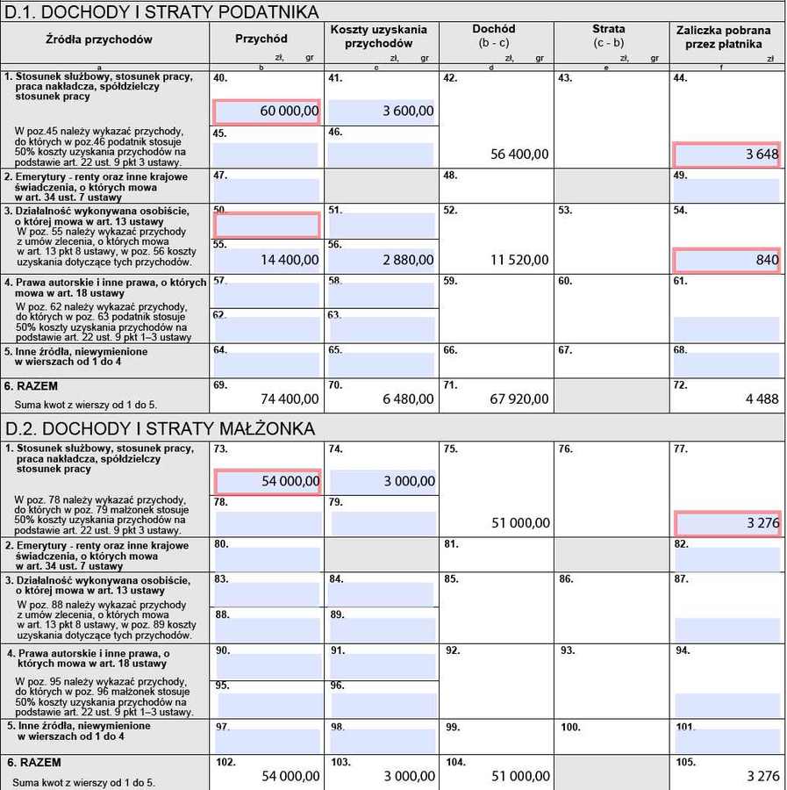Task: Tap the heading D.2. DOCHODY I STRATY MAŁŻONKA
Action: click(160, 428)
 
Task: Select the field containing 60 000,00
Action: click(266, 111)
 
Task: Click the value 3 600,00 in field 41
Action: click(381, 111)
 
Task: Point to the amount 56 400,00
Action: click(520, 154)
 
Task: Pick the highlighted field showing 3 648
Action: click(726, 154)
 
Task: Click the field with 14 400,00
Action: click(266, 260)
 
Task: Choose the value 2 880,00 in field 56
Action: click(381, 260)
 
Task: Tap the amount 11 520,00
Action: click(520, 260)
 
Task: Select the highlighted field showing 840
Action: click(726, 260)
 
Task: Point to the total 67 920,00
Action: click(520, 399)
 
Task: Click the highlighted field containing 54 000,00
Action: click(266, 482)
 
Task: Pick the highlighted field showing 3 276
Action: click(726, 523)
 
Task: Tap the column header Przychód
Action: click(261, 39)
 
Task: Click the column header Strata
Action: click(609, 30)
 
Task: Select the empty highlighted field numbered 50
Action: click(266, 226)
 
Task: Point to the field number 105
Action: click(685, 763)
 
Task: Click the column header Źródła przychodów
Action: click(99, 39)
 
